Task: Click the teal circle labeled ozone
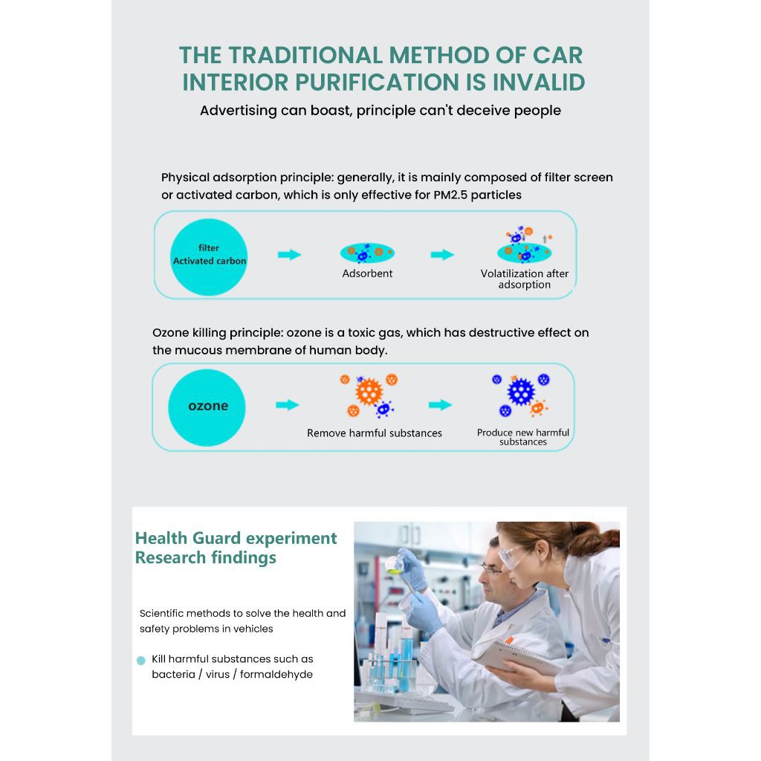click(x=207, y=407)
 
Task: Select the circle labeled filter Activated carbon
click(x=209, y=256)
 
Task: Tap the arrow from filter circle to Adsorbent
click(x=289, y=254)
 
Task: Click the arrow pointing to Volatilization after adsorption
click(x=442, y=254)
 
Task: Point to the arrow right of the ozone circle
click(x=288, y=405)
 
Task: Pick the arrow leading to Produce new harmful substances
click(x=440, y=405)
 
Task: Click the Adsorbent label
click(x=367, y=273)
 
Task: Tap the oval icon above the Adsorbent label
click(x=367, y=253)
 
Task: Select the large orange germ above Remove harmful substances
click(x=369, y=392)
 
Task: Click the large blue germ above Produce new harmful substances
click(x=521, y=392)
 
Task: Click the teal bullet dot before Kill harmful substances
click(x=141, y=661)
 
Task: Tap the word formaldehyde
click(x=276, y=674)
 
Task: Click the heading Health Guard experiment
click(x=236, y=538)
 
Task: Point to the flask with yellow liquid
click(x=393, y=564)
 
